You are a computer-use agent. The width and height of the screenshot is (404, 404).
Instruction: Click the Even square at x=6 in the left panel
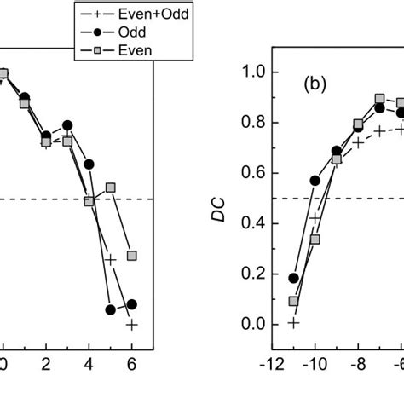coord(132,256)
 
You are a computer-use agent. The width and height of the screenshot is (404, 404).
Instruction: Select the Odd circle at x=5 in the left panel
coord(110,309)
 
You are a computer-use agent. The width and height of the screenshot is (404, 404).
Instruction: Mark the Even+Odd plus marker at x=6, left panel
coord(132,324)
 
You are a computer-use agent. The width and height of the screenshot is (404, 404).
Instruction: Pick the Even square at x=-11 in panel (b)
coord(293,302)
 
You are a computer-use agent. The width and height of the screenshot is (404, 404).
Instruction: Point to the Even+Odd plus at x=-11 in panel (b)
coord(293,323)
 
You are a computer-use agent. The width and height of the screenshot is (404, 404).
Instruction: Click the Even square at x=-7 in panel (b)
coord(380,100)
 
